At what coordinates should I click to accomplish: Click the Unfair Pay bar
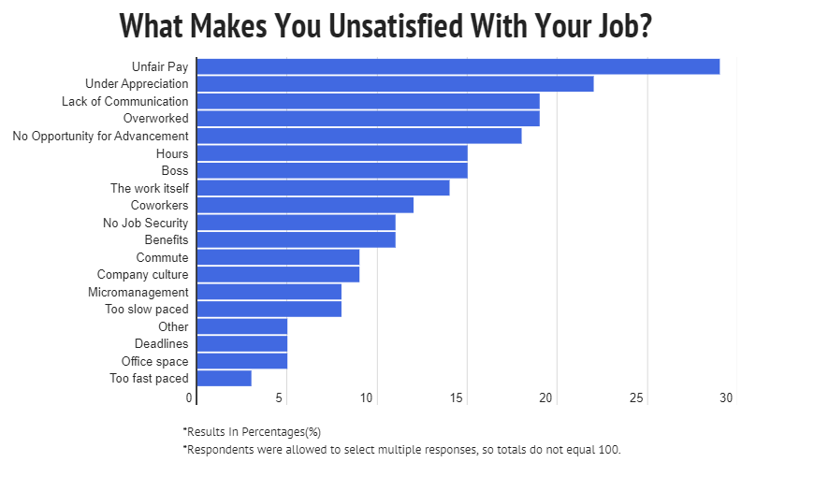458,66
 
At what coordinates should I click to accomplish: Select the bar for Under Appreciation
395,84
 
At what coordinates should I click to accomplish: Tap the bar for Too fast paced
225,379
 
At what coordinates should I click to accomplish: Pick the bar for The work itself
324,188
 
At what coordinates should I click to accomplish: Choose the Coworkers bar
305,206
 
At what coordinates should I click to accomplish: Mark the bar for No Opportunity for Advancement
359,137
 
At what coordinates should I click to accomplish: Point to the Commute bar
278,257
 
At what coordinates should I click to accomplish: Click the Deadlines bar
242,344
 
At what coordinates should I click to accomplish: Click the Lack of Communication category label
124,101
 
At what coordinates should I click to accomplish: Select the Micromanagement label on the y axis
138,292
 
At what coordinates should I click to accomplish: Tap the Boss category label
174,171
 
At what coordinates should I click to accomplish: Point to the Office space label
154,361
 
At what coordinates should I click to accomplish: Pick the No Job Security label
145,223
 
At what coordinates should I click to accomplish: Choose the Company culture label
142,275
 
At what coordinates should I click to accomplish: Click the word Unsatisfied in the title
392,25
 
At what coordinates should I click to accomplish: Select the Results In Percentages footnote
252,432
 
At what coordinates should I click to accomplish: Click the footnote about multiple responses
401,450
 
